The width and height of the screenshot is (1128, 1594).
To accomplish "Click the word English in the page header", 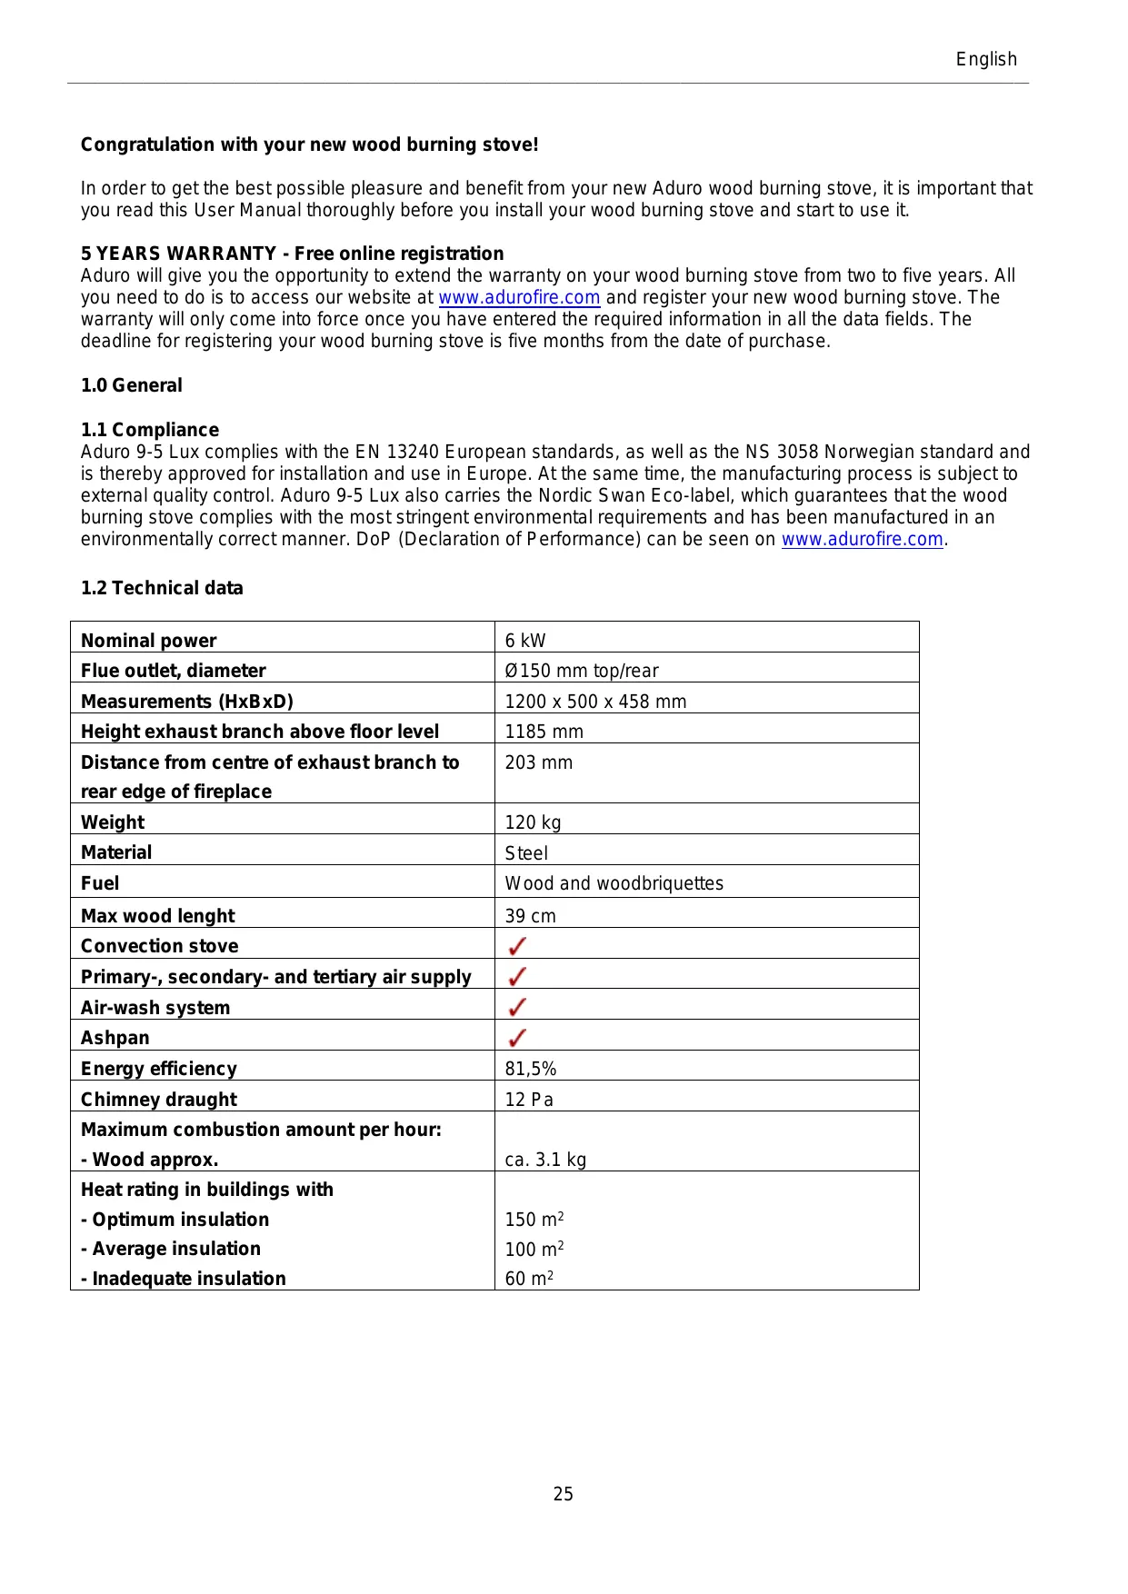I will [x=985, y=60].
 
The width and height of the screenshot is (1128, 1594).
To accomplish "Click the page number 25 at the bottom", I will [x=563, y=1494].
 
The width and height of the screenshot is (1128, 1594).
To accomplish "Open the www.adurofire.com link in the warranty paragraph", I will [x=519, y=298].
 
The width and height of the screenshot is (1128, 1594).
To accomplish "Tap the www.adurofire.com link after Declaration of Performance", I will [x=862, y=540].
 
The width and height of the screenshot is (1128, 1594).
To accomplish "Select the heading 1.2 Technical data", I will [x=162, y=589].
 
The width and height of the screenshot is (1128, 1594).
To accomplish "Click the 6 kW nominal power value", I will [x=525, y=641].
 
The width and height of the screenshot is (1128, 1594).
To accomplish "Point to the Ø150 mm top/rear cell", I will [x=582, y=671].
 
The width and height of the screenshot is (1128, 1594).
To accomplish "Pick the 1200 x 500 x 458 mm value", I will [x=595, y=702].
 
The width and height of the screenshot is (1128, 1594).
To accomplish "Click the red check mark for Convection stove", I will [x=517, y=946].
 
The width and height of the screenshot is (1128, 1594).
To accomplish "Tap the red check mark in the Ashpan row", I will [x=517, y=1038].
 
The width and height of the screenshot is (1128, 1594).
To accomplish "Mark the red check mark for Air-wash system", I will [x=517, y=1007].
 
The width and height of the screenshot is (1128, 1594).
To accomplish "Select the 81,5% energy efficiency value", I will [x=531, y=1069].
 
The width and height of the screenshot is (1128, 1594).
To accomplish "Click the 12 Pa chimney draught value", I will [x=529, y=1100].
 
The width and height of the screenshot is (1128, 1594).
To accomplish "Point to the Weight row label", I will [x=113, y=822].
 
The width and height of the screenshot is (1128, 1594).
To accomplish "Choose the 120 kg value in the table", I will [x=533, y=822].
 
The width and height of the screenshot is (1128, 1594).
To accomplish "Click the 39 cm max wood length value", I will [x=530, y=916].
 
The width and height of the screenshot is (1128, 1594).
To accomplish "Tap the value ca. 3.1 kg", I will [x=545, y=1160].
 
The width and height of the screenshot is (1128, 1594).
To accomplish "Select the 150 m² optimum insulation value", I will [x=534, y=1220].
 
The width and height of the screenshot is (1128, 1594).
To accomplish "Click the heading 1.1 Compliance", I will [x=150, y=430].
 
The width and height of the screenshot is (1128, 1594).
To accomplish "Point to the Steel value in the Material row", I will [x=526, y=853].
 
